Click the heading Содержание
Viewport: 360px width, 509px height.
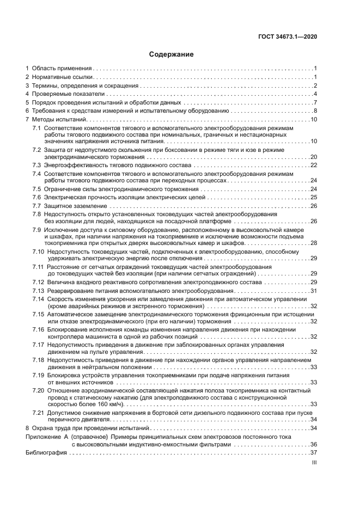pyautogui.click(x=171, y=54)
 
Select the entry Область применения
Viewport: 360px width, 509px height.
pyautogui.click(x=62, y=68)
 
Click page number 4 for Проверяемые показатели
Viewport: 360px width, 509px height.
pyautogui.click(x=315, y=94)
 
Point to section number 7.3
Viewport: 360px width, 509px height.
pyautogui.click(x=37, y=165)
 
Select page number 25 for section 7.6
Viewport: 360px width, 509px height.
pyautogui.click(x=313, y=197)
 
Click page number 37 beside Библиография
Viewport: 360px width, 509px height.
pyautogui.click(x=313, y=452)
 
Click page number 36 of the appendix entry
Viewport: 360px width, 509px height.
pyautogui.click(x=313, y=444)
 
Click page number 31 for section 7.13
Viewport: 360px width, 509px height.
pyautogui.click(x=313, y=291)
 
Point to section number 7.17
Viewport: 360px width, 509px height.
pyautogui.click(x=39, y=345)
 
